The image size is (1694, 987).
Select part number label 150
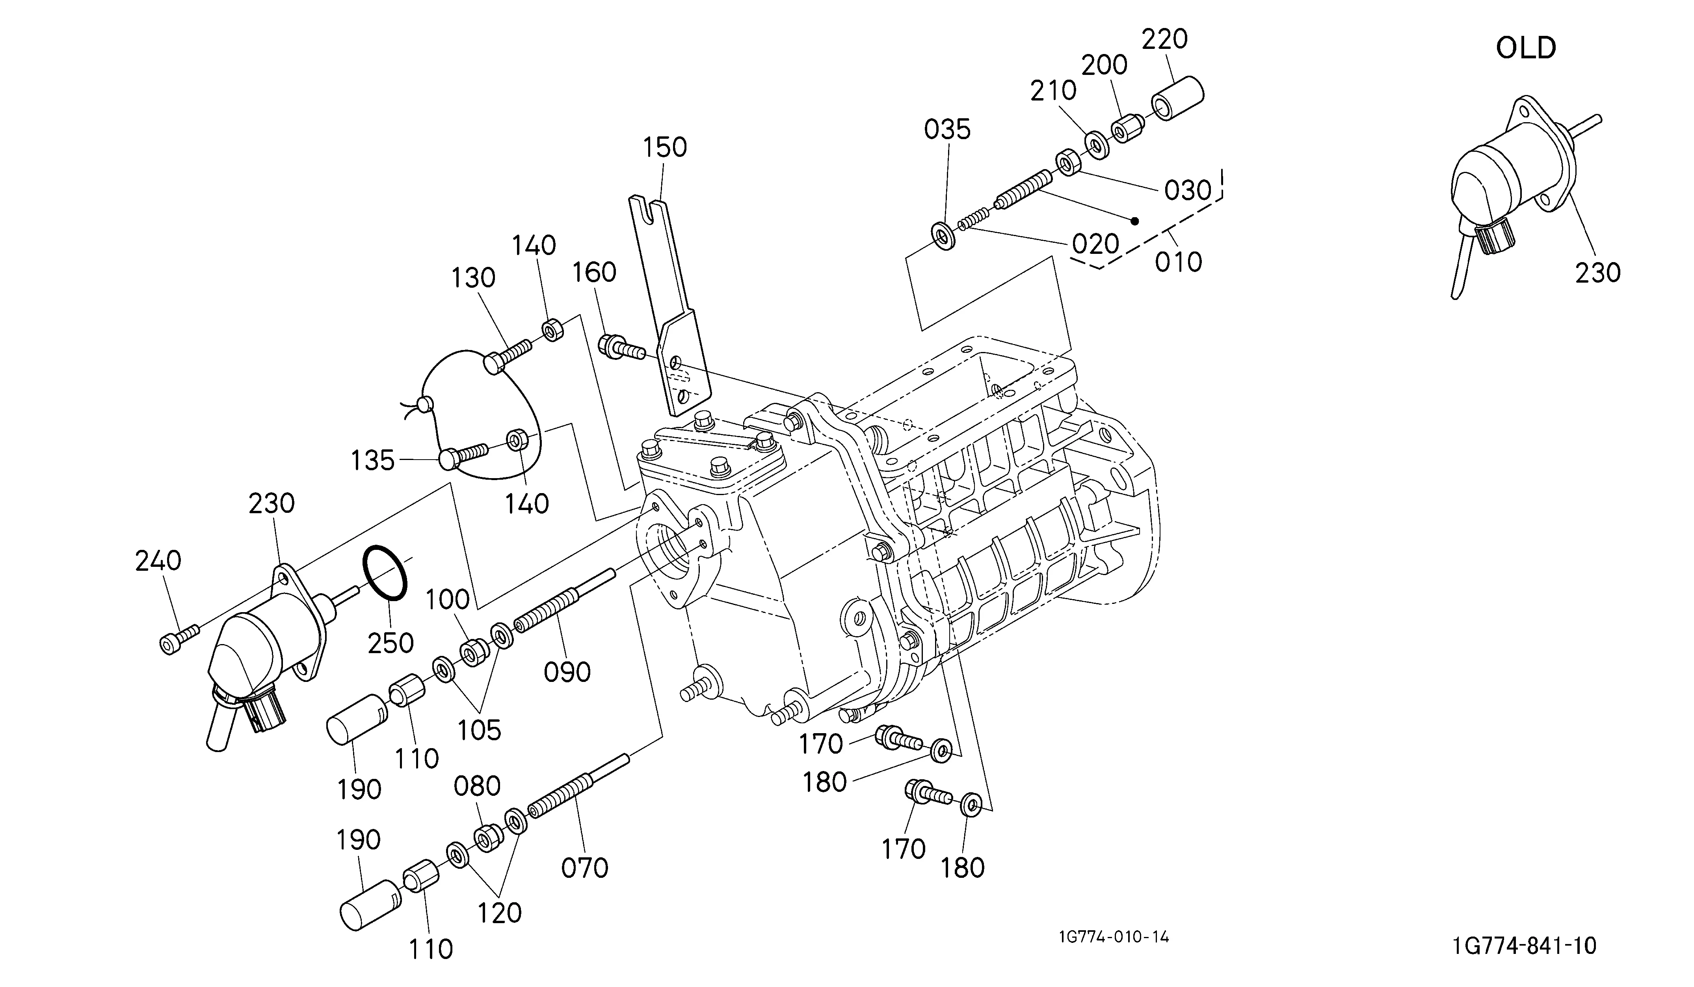(x=665, y=147)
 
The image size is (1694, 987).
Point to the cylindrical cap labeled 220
(x=1178, y=99)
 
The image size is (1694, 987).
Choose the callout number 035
(x=947, y=129)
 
